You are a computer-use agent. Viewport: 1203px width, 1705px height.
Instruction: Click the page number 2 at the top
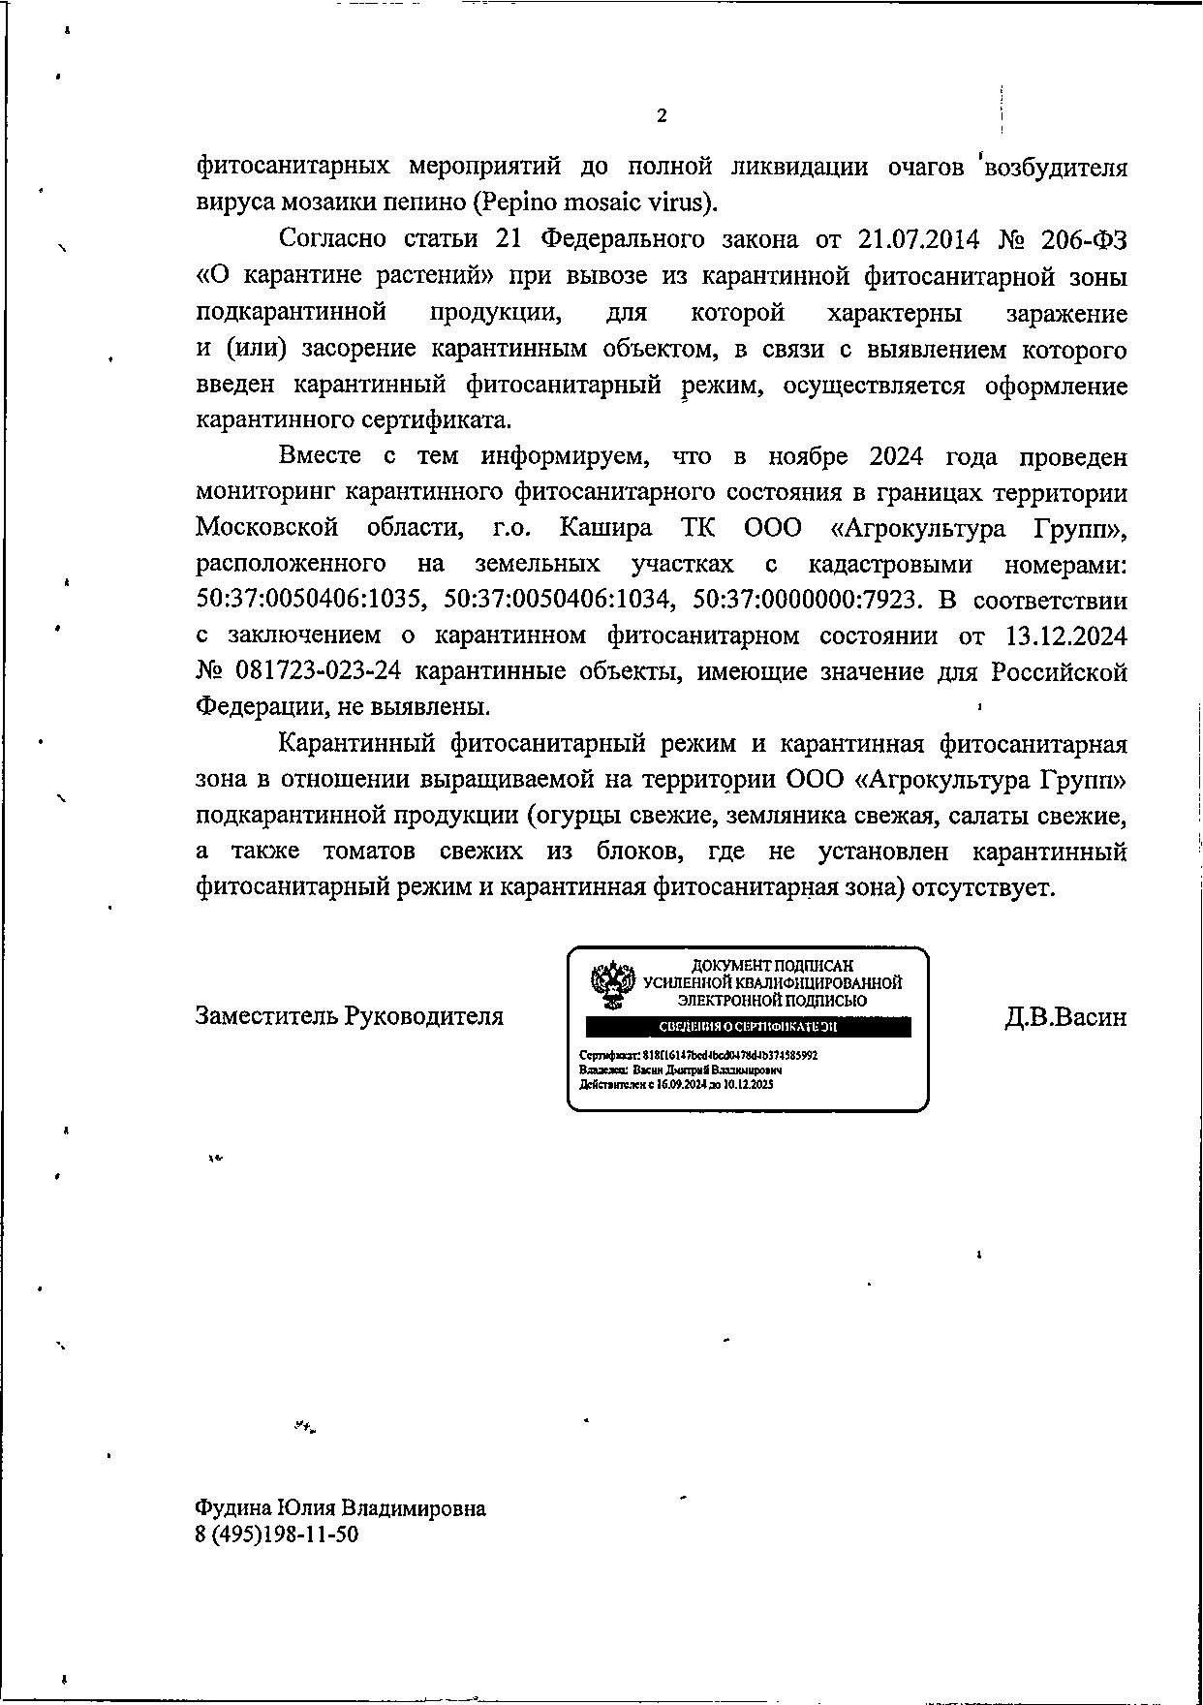[662, 116]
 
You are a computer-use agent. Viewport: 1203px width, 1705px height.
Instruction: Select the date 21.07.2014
[919, 239]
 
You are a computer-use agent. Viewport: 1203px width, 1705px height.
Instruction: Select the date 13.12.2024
[1065, 635]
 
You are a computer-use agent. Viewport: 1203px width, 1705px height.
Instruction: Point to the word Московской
[267, 528]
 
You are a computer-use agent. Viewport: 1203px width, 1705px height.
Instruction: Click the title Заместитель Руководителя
[350, 1016]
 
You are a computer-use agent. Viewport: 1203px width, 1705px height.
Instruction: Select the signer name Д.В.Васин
[1065, 1016]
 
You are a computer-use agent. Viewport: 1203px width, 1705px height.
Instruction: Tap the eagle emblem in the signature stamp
[612, 984]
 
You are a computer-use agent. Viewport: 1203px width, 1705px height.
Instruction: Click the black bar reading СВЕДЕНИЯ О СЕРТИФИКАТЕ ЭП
[747, 1027]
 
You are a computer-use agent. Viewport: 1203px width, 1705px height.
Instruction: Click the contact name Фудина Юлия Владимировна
[341, 1508]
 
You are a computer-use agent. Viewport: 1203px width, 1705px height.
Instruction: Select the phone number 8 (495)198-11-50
[277, 1534]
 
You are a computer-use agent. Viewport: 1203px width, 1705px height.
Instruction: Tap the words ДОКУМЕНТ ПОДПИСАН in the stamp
[772, 966]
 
